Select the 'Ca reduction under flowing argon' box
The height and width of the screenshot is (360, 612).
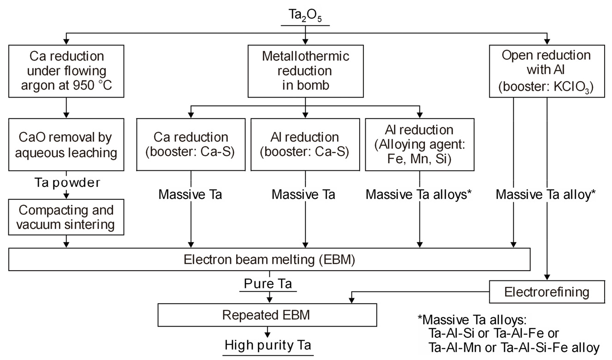coord(67,71)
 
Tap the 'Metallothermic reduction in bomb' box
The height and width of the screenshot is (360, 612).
coord(305,71)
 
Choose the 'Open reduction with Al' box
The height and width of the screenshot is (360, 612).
coord(547,71)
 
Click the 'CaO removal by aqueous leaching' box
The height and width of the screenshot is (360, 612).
coord(67,145)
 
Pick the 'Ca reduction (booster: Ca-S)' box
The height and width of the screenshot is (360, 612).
coord(190,145)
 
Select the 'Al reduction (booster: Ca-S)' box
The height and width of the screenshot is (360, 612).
coord(305,145)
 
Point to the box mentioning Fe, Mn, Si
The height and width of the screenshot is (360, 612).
coord(419,145)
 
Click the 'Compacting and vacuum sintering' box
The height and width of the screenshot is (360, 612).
coord(67,217)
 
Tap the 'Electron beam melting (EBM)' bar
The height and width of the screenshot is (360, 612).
coord(269,260)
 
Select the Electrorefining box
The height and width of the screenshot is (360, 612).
coord(547,292)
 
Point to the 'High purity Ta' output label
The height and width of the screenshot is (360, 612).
coord(268,346)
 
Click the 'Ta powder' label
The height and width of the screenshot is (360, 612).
coord(67,182)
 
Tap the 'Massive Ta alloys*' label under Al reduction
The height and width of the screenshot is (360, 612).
coord(418,194)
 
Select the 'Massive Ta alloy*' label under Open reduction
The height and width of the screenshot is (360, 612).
coord(545,194)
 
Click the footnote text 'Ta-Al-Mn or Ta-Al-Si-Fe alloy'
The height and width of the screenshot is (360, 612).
coord(514,348)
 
